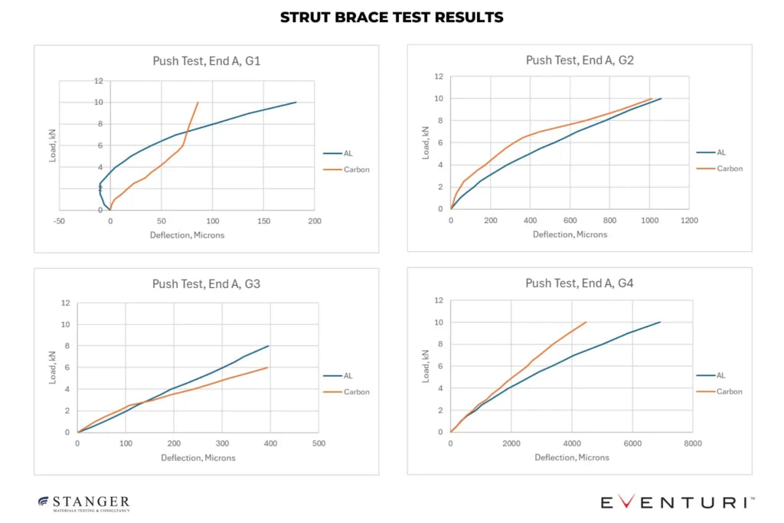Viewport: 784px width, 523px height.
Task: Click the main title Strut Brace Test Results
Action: (x=391, y=17)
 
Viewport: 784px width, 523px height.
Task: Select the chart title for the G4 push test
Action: (x=579, y=283)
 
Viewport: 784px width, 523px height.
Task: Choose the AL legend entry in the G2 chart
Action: (x=720, y=152)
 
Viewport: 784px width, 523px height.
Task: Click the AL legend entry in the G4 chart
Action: (x=720, y=375)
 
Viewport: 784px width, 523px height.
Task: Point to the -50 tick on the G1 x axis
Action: (x=58, y=221)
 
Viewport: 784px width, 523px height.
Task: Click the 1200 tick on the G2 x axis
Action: (x=689, y=221)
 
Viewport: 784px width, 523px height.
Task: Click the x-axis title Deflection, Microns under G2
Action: (x=570, y=234)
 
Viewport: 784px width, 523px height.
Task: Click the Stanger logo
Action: (x=84, y=502)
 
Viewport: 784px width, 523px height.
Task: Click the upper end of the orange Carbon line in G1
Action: (x=198, y=103)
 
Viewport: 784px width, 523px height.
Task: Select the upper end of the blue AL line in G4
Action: (x=660, y=322)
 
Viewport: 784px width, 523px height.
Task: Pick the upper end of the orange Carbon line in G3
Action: (x=268, y=368)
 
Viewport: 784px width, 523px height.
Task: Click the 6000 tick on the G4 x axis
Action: (x=632, y=443)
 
